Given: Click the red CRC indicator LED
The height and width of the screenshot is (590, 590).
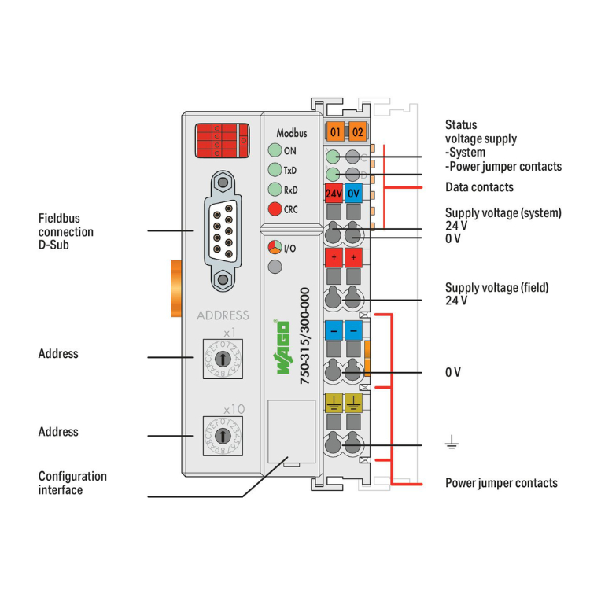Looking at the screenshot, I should [x=275, y=208].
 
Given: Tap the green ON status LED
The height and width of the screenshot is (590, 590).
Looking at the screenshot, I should [x=275, y=151].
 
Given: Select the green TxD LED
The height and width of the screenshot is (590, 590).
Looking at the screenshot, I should [x=275, y=170].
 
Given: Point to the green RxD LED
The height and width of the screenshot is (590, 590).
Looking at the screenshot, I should [x=275, y=189].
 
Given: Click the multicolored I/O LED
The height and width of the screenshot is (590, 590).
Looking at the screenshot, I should [x=275, y=248].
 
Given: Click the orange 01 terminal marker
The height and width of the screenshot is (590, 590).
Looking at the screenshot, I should [x=336, y=131].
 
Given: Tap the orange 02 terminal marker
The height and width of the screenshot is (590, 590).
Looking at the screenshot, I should [x=357, y=131].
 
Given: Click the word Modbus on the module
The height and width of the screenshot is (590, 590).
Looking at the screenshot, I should [x=291, y=133].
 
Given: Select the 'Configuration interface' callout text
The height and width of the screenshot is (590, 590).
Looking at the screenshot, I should [x=72, y=483].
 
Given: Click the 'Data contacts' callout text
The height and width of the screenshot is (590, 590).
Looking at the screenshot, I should [x=479, y=187].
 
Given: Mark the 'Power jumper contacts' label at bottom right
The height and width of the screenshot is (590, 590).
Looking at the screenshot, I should [x=501, y=482].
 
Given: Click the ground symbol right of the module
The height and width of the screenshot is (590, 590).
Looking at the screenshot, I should [x=452, y=445].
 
